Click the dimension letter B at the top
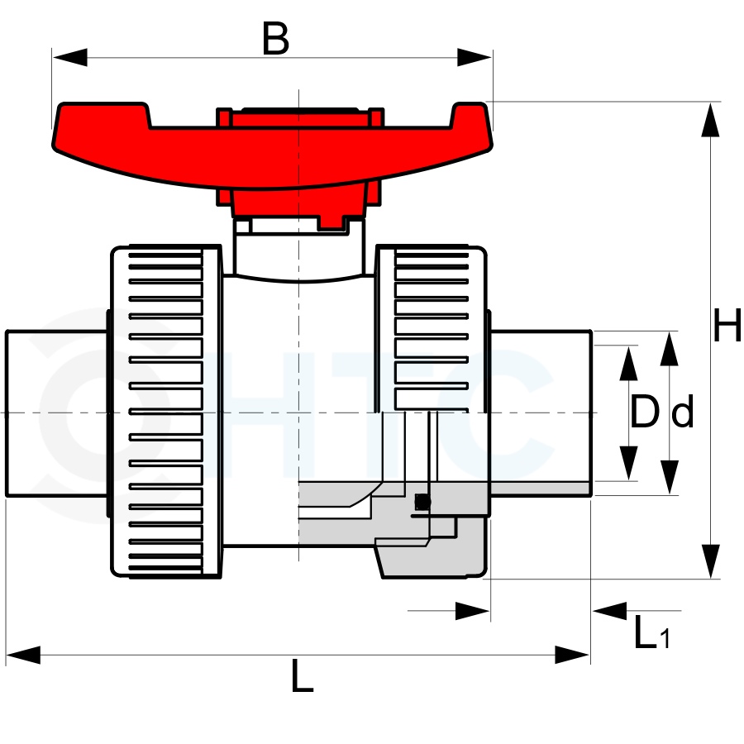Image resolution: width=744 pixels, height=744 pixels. point(275,38)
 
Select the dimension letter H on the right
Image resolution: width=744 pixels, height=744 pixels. point(727,325)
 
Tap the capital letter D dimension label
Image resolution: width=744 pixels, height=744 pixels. point(645,412)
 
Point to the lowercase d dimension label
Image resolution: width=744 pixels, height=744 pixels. point(683,412)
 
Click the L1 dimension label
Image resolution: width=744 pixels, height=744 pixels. point(652,632)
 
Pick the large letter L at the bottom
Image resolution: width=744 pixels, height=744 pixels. point(303,675)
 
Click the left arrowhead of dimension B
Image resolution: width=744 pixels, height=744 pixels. point(69,57)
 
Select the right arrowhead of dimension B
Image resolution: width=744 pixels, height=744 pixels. point(475,57)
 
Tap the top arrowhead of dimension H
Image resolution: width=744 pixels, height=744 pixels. point(710,120)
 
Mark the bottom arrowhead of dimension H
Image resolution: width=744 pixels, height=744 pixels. point(710,561)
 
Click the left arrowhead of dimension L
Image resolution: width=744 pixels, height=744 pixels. point(23,655)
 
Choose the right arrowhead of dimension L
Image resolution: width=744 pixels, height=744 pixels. point(572,655)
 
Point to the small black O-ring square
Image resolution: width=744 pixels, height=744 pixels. point(422,502)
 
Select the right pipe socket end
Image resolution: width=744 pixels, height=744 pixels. point(541,413)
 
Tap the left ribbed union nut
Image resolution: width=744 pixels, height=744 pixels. point(166,412)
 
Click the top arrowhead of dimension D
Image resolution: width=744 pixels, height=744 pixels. point(629,364)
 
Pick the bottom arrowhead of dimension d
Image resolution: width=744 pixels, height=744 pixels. point(669,477)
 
